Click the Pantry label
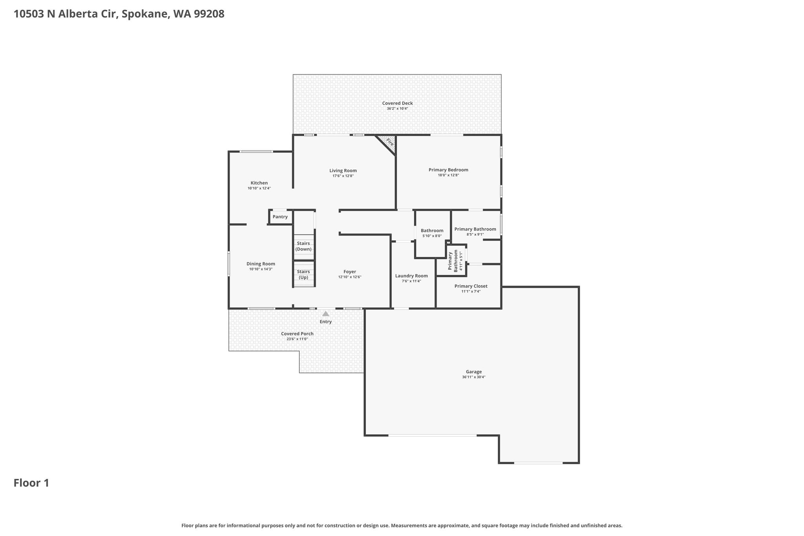coord(280,217)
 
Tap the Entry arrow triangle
coord(326,314)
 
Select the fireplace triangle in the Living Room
coord(387,144)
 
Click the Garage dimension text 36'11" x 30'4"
coord(474,377)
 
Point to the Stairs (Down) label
coord(303,246)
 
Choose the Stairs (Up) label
coord(303,274)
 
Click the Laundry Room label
coord(411,276)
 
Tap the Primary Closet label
coord(471,286)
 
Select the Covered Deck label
coord(398,103)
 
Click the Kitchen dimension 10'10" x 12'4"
coord(259,188)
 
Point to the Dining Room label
coord(261,264)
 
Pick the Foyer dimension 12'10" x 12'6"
coord(350,277)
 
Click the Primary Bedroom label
coord(448,170)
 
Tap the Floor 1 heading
coord(31,483)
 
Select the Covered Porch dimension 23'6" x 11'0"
coord(297,339)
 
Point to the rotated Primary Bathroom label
coord(453,261)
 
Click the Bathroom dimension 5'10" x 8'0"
coord(432,236)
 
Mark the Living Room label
coord(343,170)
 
